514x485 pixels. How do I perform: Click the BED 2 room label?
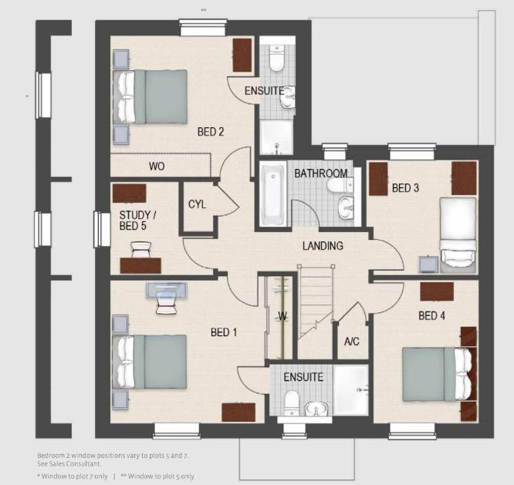pos(211,132)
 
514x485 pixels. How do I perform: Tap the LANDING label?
pos(323,246)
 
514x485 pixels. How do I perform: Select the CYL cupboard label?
pos(197,204)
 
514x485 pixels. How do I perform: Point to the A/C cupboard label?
pos(351,342)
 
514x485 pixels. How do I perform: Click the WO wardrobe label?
pos(157,167)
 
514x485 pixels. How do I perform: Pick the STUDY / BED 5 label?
pos(137,221)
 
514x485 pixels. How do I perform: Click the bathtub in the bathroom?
pos(272,196)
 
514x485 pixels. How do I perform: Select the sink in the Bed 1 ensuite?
pos(316,409)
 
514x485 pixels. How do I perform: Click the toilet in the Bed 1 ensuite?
pos(291,402)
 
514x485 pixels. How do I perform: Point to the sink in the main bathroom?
pos(346,207)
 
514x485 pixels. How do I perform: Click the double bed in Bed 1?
pos(150,362)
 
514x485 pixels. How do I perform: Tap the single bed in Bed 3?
pos(458,235)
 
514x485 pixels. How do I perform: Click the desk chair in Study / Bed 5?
pos(141,250)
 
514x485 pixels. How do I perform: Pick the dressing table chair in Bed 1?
pos(167,302)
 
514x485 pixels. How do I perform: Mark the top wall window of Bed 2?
pos(203,28)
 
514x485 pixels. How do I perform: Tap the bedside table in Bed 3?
pos(428,264)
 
